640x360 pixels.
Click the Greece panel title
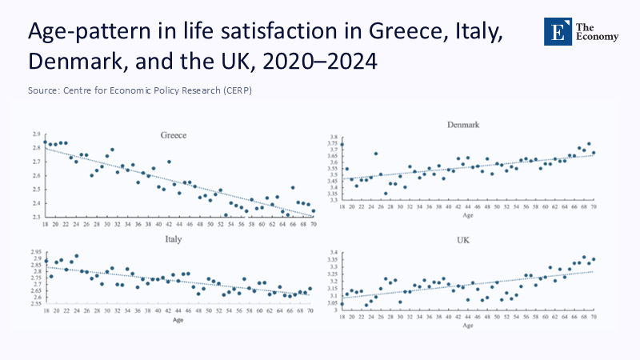[x=174, y=135]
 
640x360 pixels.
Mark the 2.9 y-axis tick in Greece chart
[x=37, y=134]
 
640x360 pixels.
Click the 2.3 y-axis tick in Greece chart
[x=37, y=217]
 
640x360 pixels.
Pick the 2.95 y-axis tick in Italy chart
[x=35, y=252]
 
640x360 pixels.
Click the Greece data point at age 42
[x=169, y=162]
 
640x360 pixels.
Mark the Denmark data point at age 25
[x=376, y=154]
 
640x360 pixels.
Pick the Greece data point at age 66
[x=293, y=188]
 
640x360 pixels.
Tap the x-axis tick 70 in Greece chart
[x=313, y=225]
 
